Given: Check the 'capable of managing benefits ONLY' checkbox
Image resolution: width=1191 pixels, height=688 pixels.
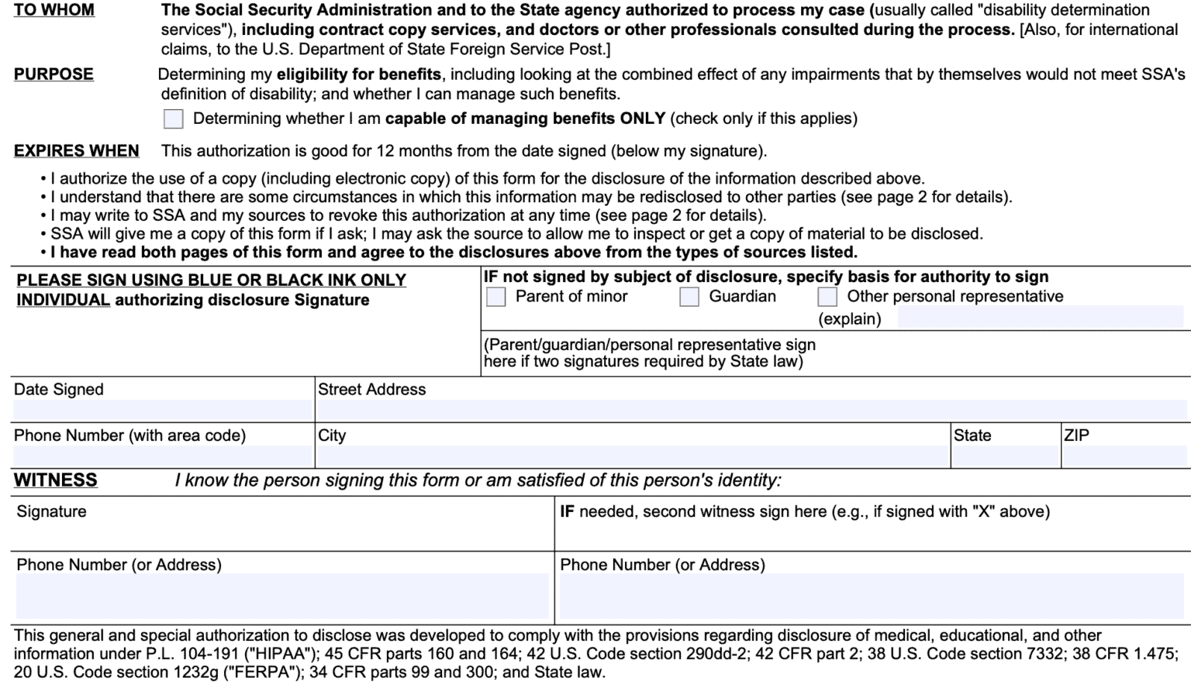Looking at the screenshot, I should tap(174, 119).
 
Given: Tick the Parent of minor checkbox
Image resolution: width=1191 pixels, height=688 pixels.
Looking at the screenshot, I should tap(496, 297).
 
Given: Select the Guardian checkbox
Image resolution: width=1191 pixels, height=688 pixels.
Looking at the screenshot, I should tap(689, 297).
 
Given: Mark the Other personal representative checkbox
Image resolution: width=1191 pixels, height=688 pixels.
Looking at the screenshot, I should tap(827, 297).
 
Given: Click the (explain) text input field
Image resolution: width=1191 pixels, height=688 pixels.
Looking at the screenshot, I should tap(1040, 318).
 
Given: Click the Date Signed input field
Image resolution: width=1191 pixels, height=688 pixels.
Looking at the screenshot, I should tap(161, 411).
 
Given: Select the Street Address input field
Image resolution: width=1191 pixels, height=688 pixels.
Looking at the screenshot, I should tap(752, 411).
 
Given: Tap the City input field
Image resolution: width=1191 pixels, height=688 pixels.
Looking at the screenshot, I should tap(632, 456).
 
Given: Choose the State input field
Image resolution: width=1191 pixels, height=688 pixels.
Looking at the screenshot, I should tap(1005, 456).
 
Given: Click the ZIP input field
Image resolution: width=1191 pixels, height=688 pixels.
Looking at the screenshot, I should tap(1125, 456).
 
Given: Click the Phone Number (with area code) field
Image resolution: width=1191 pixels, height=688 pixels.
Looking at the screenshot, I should tap(161, 456).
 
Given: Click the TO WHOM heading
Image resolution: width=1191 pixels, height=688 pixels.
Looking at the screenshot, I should tap(54, 11).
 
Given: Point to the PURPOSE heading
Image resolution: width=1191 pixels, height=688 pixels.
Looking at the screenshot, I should tap(54, 74).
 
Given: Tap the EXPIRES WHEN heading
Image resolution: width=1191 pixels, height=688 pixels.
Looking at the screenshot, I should tap(76, 151).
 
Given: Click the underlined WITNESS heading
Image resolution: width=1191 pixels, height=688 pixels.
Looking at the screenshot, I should tap(56, 480).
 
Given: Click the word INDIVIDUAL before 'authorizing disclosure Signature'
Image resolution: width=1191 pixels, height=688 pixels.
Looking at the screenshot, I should tap(64, 301).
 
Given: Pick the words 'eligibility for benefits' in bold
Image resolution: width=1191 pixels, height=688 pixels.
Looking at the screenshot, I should tap(358, 75).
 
